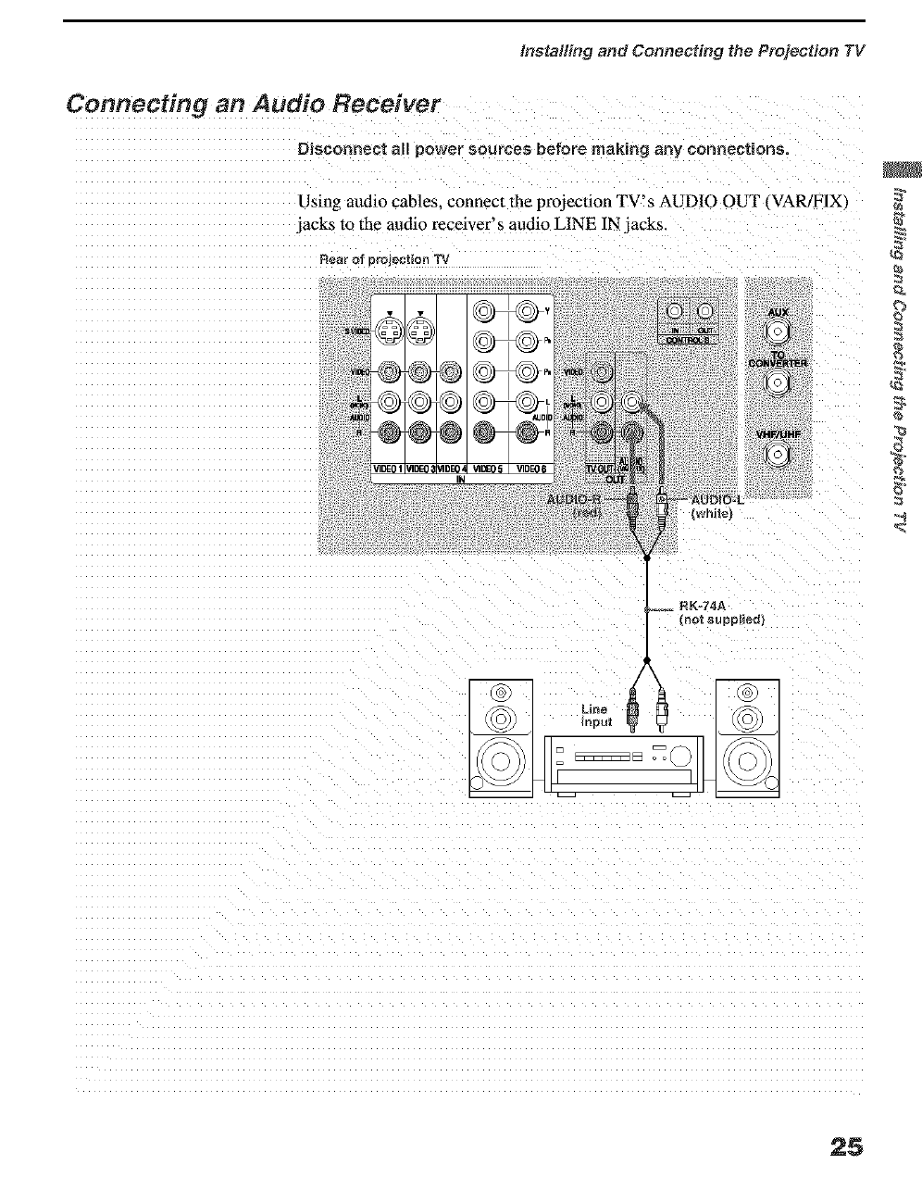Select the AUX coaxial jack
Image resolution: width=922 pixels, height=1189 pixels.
pyautogui.click(x=779, y=332)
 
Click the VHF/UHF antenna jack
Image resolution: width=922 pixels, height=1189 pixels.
pyautogui.click(x=779, y=454)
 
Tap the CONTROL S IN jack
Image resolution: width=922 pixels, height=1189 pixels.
pyautogui.click(x=675, y=311)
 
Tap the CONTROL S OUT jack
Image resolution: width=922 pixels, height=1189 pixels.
pyautogui.click(x=704, y=311)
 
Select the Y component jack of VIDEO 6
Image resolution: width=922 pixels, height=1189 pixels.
pyautogui.click(x=526, y=311)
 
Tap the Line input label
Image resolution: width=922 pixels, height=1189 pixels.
pyautogui.click(x=597, y=715)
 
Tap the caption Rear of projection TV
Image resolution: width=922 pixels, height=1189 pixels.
pyautogui.click(x=383, y=259)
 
